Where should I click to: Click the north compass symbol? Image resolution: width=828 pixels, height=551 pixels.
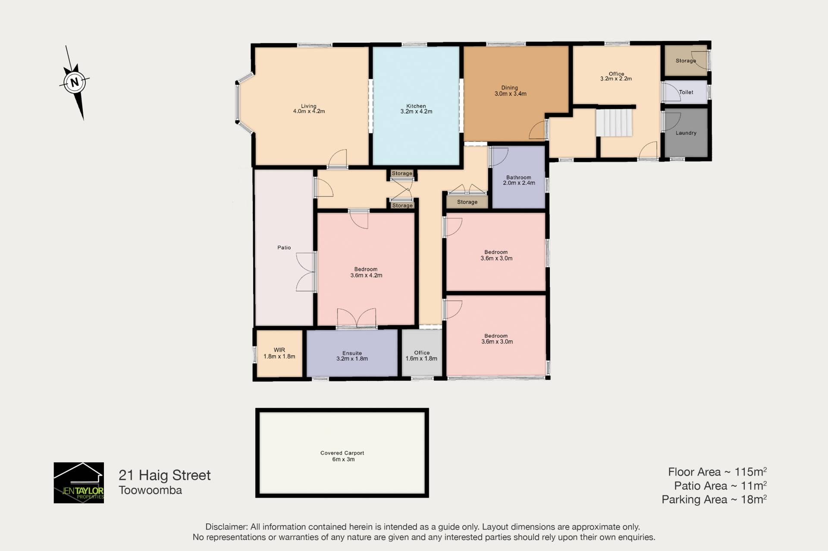click(x=75, y=82)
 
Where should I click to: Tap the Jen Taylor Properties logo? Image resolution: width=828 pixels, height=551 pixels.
click(x=78, y=483)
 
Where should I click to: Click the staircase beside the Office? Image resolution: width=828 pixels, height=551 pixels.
click(x=614, y=122)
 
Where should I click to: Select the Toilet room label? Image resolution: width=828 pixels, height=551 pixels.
click(x=686, y=92)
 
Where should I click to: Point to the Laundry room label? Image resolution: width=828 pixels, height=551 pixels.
click(x=686, y=133)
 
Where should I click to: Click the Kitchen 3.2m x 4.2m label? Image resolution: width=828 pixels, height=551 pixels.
click(x=416, y=109)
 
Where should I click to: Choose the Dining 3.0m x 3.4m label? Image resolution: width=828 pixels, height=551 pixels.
click(x=510, y=90)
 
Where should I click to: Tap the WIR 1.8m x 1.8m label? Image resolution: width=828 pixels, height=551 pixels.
click(x=279, y=353)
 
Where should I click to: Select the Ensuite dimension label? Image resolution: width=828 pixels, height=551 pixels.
click(x=352, y=358)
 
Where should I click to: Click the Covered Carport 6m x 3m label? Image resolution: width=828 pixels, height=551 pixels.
click(x=342, y=456)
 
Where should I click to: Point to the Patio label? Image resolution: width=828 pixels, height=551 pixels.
click(x=284, y=248)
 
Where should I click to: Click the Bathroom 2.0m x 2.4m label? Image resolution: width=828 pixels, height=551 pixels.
click(x=519, y=180)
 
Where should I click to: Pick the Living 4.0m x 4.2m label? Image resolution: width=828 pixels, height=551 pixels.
click(x=309, y=109)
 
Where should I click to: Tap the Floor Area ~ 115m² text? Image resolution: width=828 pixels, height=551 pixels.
click(x=717, y=472)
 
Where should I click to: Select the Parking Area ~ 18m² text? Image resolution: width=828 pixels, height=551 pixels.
click(x=714, y=499)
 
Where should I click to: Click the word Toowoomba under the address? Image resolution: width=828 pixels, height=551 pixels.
click(x=150, y=490)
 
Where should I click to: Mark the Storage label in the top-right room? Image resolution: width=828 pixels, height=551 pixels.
click(x=686, y=61)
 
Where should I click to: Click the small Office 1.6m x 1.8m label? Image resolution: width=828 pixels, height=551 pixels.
click(x=421, y=355)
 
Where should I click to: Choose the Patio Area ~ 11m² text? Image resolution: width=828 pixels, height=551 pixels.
click(x=720, y=486)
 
